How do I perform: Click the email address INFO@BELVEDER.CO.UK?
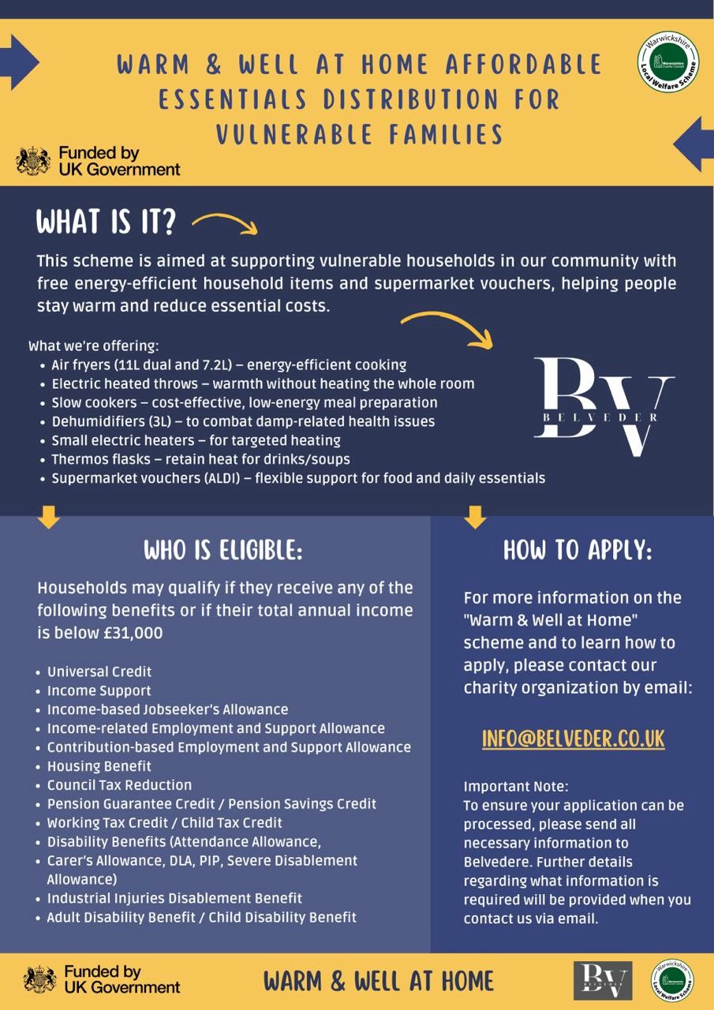(x=574, y=739)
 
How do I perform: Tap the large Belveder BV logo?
(x=604, y=406)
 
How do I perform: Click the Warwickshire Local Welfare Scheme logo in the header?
(x=667, y=62)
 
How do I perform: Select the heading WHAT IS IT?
(x=106, y=223)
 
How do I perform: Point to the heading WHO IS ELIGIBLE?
(x=222, y=550)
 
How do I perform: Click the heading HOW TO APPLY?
(x=578, y=550)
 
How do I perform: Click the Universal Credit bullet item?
(x=99, y=671)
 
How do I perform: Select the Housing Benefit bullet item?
(x=99, y=766)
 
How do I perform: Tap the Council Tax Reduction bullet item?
(x=119, y=785)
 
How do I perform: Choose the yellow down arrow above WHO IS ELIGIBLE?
(x=49, y=518)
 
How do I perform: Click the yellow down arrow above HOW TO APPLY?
(x=475, y=518)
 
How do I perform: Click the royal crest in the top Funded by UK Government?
(x=33, y=160)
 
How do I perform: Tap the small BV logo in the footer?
(x=603, y=981)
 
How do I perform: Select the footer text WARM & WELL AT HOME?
(x=379, y=981)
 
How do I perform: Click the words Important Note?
(x=516, y=787)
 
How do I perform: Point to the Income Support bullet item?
(x=99, y=690)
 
